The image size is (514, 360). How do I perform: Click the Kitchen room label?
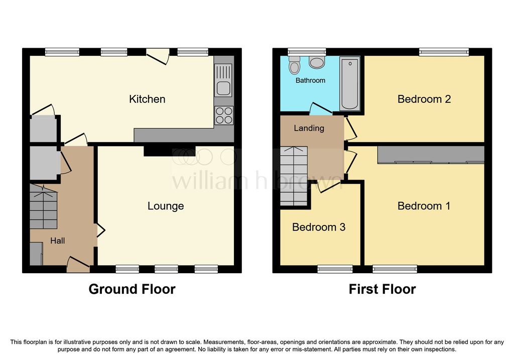(x=147, y=99)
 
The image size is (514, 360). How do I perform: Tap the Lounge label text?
(x=166, y=206)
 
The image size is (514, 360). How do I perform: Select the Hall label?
(x=57, y=241)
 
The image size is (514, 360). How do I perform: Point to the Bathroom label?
(x=310, y=80)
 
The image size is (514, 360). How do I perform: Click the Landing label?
(x=309, y=128)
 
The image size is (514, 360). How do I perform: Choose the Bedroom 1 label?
(x=424, y=206)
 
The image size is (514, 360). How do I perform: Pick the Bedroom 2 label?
(x=424, y=99)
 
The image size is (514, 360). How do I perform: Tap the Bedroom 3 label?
(x=319, y=227)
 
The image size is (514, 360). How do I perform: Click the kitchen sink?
(x=223, y=80)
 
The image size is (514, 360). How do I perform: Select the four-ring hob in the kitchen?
(x=224, y=115)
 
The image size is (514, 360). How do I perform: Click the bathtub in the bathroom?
(x=350, y=84)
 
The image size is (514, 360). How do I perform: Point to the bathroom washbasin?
(x=317, y=62)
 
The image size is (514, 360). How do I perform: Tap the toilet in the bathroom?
(x=294, y=65)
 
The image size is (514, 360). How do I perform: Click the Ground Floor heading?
(x=132, y=289)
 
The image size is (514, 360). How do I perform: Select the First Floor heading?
(x=382, y=289)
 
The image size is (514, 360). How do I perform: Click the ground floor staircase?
(x=44, y=206)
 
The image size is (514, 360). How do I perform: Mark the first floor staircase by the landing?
(x=294, y=176)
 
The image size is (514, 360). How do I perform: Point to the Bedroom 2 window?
(x=444, y=52)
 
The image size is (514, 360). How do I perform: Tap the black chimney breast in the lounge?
(x=170, y=151)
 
